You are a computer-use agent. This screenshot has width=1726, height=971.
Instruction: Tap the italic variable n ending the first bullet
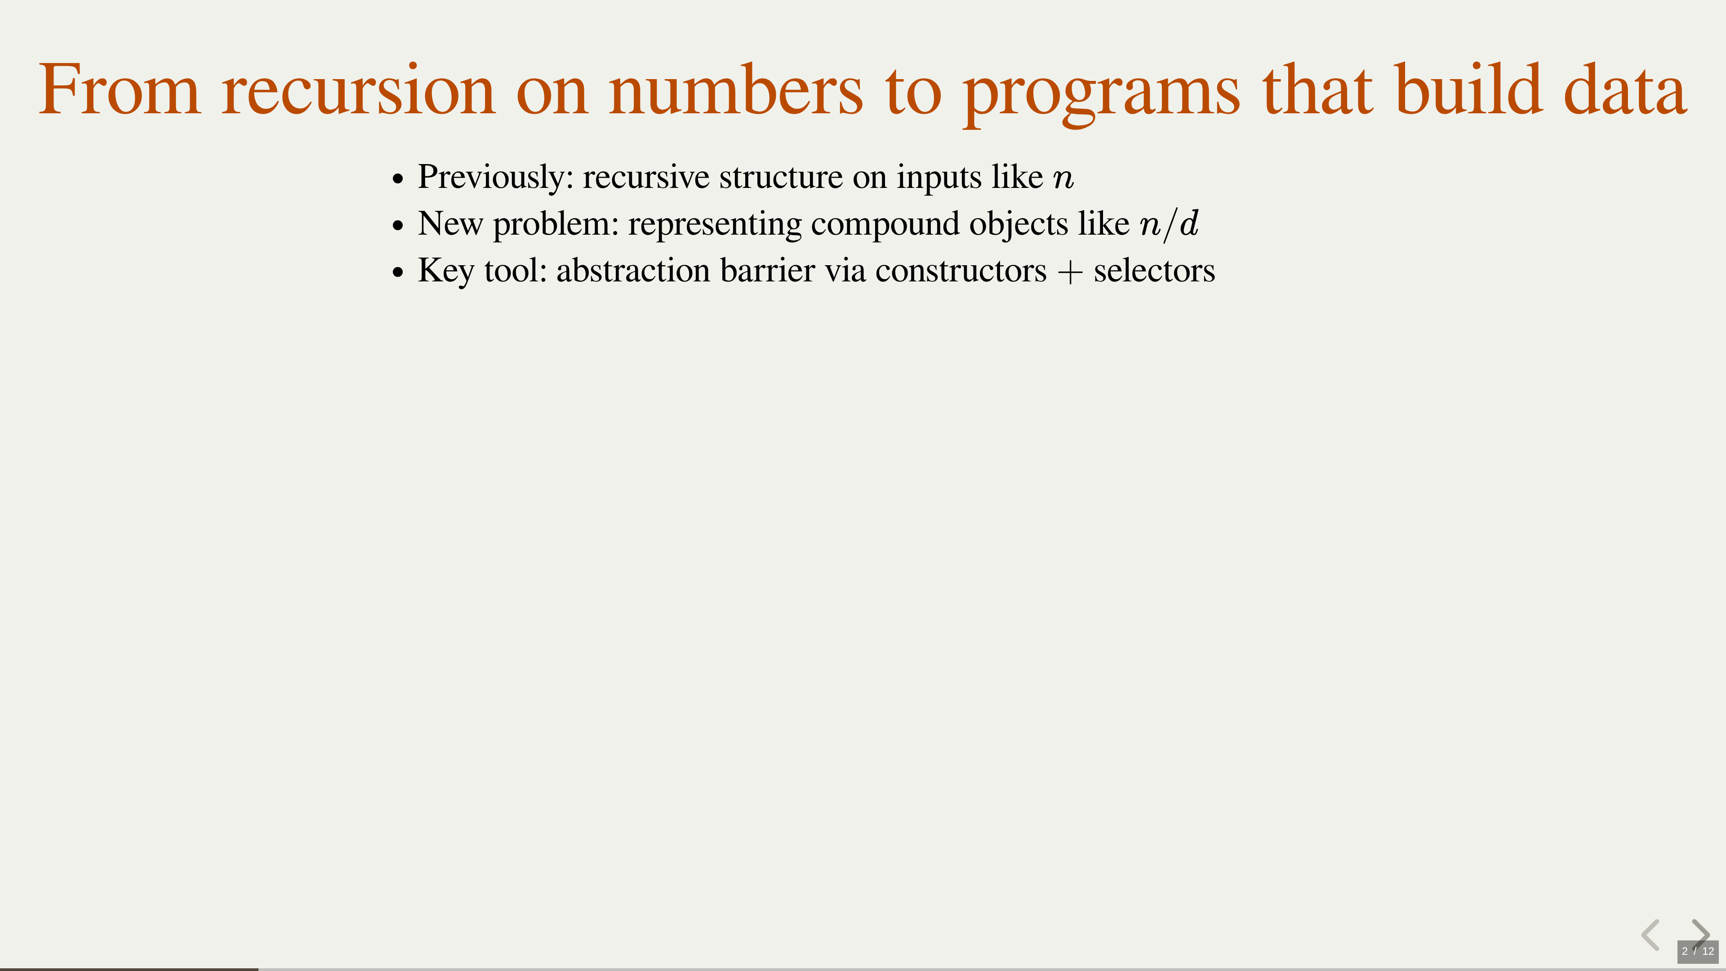1063,180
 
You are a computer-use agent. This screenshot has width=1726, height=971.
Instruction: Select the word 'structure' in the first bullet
781,177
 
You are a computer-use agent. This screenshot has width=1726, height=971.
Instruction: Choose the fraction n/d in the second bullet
1169,224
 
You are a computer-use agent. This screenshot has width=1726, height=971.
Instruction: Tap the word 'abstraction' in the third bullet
633,270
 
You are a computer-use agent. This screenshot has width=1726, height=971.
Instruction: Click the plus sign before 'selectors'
1070,272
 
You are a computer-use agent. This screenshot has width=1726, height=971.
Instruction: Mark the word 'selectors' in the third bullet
1154,270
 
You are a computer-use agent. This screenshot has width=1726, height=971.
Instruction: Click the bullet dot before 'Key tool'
399,272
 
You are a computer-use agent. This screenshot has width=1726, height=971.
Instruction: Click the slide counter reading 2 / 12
1698,951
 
